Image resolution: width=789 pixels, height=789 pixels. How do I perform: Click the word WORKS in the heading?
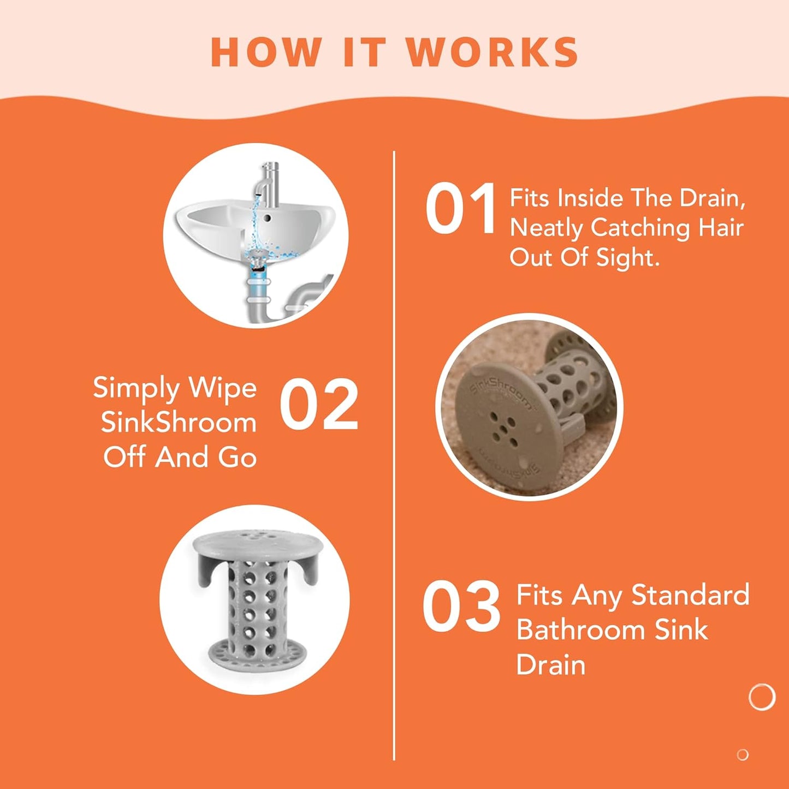tap(493, 53)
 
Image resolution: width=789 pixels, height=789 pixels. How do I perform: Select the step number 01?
tap(460, 209)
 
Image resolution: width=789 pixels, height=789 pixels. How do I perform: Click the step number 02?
tap(319, 405)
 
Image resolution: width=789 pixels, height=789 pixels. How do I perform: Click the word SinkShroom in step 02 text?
tap(179, 423)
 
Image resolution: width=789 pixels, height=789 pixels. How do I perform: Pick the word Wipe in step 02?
tap(222, 388)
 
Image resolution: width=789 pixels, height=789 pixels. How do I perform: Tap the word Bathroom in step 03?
tap(581, 630)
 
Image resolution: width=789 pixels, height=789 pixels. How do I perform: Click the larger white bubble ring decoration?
tap(762, 697)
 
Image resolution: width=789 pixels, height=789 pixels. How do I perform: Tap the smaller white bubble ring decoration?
tap(743, 755)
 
